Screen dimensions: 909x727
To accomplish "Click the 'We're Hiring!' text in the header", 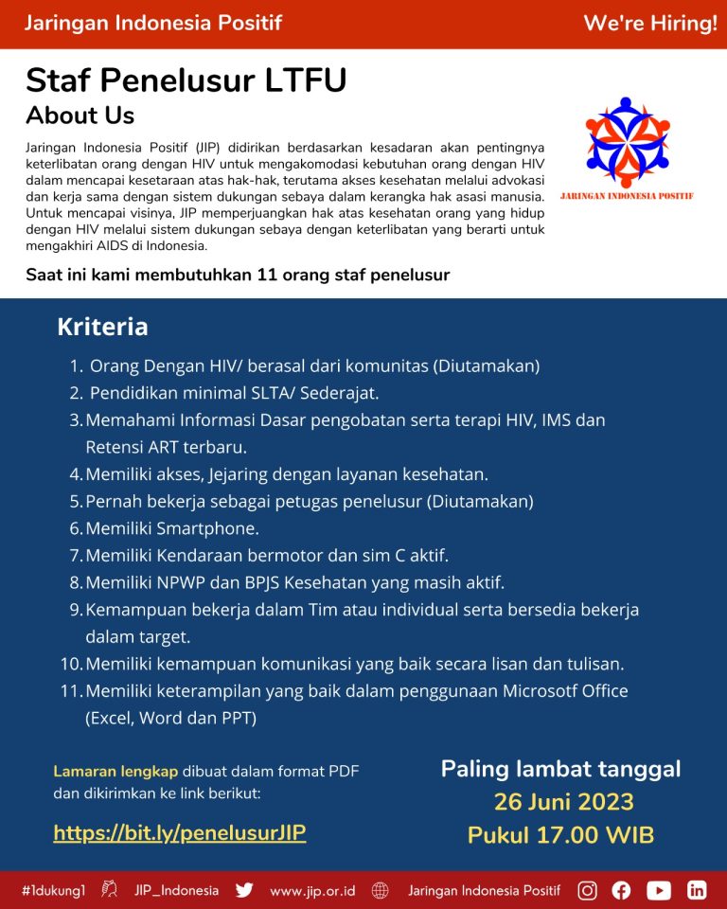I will (649, 24).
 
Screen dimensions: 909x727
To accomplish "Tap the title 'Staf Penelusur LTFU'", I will (186, 80).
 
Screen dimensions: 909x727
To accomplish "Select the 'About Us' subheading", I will (80, 116).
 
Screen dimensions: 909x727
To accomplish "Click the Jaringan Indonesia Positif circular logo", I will (627, 142).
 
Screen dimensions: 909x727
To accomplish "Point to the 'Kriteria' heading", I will (102, 327).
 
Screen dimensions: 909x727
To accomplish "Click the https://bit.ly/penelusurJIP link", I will (180, 833).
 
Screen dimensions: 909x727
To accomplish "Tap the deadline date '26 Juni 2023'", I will (563, 802).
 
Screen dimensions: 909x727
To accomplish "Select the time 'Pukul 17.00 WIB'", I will (560, 835).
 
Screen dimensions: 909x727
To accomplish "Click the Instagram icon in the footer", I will (588, 890).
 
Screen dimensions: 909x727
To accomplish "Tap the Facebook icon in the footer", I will (621, 890).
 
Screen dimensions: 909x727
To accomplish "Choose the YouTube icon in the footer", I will (659, 890).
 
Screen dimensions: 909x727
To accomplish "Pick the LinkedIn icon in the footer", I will (697, 890).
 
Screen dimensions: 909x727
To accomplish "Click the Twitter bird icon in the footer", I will (244, 890).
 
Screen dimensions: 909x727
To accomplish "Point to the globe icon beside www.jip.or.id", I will (381, 890).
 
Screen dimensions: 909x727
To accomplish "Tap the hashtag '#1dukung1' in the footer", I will (54, 890).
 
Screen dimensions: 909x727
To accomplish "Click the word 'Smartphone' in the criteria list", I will (207, 528).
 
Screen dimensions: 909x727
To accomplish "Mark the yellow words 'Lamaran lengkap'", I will (115, 771).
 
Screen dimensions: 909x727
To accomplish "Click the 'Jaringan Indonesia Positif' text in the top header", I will (152, 24).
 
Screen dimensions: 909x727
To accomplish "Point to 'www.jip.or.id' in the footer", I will (312, 891).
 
